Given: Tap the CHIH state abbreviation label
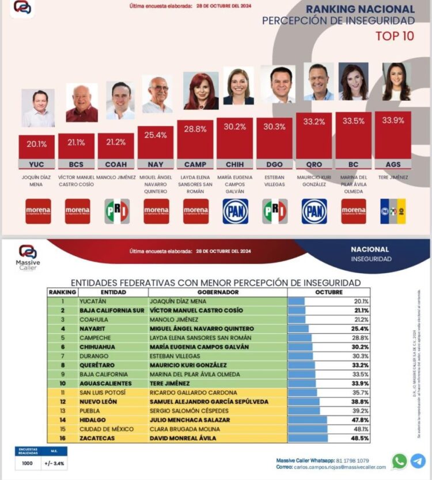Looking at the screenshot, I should coord(234,164).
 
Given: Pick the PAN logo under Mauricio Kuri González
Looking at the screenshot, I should coord(314,211).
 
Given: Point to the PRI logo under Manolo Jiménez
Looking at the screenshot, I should coord(117,211).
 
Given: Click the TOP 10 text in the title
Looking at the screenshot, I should coord(395,36).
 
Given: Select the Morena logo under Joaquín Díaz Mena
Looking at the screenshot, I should coord(38,211).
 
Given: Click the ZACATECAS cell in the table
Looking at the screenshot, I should coord(98,438).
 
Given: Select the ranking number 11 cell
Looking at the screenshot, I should coord(62,392).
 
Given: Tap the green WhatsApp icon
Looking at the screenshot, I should coord(399,461).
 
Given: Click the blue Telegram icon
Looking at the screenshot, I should coord(418,461).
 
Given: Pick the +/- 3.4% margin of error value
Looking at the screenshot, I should coord(50,463).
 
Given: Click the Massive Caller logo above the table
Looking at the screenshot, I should coord(27,256).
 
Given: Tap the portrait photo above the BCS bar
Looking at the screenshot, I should coord(82,103).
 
